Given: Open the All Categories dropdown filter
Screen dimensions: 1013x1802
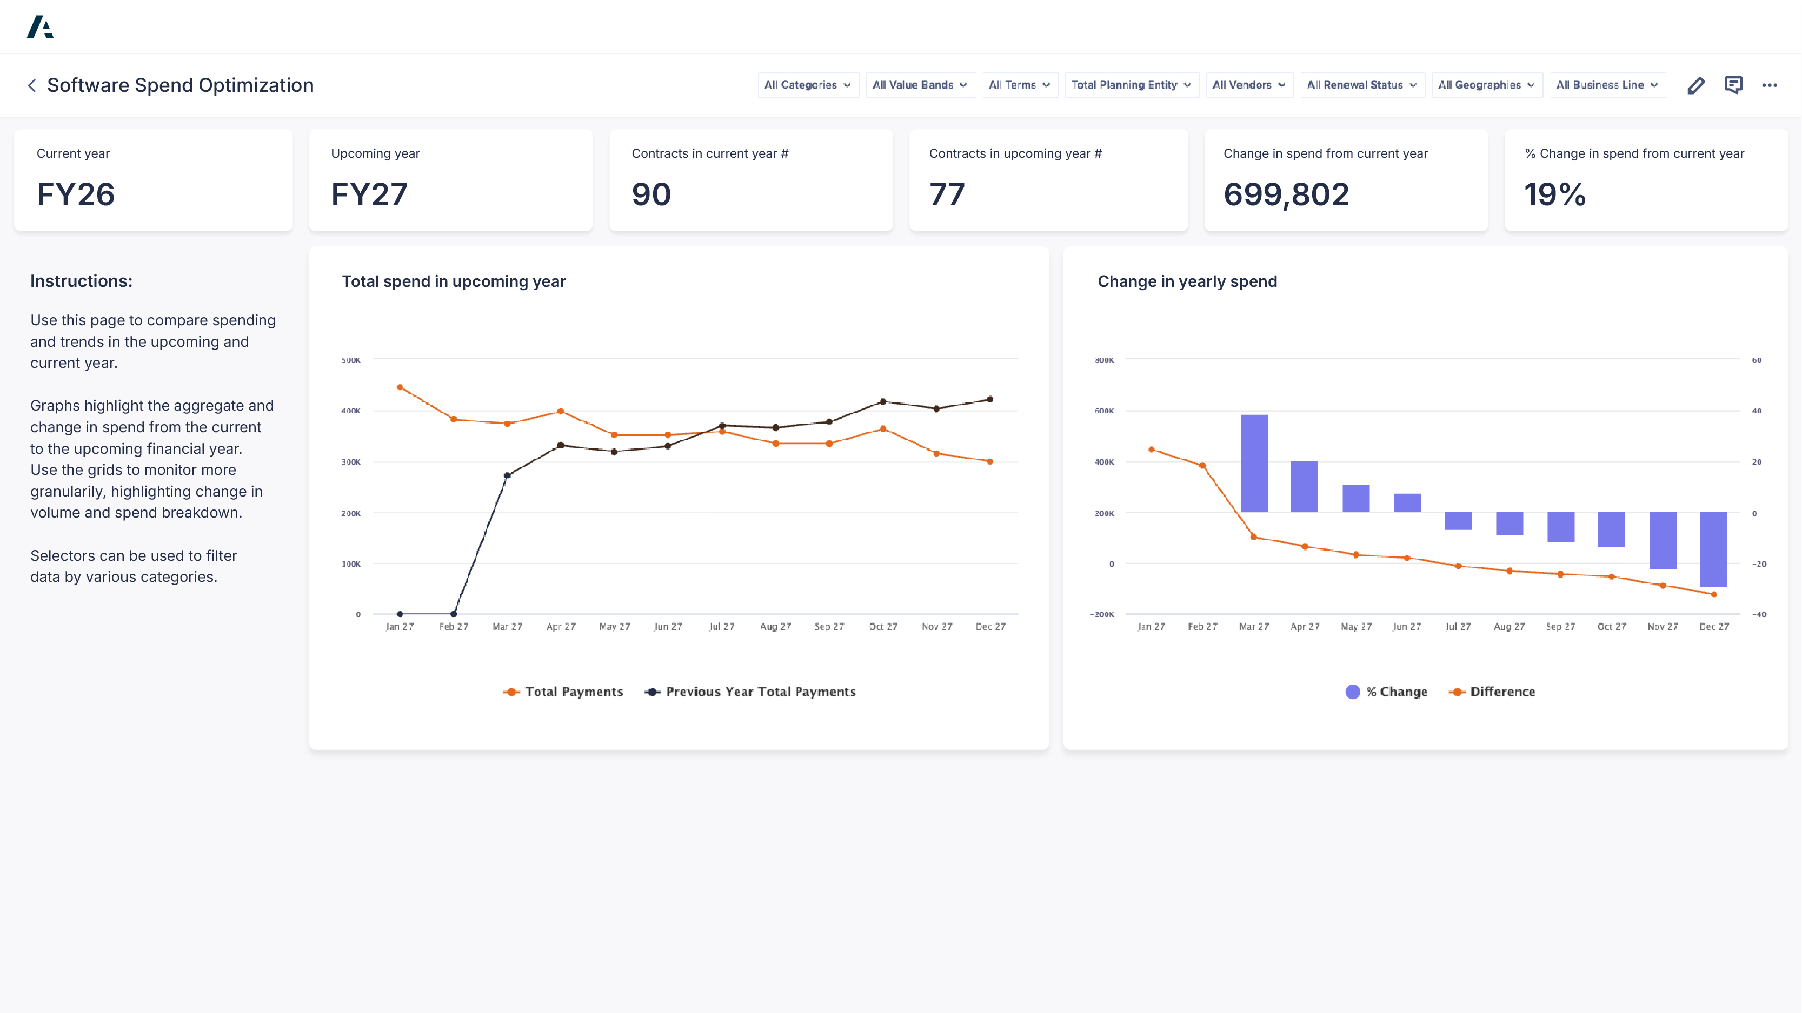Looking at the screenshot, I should click(x=807, y=85).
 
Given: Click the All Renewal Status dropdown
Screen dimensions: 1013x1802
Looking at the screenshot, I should click(x=1361, y=85).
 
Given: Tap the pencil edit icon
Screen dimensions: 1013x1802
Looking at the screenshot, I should click(x=1695, y=85).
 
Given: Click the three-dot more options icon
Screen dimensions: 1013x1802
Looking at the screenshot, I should click(x=1769, y=85).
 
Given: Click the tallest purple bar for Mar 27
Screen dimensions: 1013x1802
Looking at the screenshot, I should click(x=1254, y=463).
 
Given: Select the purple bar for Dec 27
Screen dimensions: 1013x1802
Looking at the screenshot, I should click(x=1713, y=549).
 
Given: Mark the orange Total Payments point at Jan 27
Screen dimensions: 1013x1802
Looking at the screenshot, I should click(x=400, y=387).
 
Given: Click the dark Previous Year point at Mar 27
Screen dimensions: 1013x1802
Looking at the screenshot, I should click(x=507, y=475).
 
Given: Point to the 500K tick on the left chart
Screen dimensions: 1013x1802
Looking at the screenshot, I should click(x=351, y=360).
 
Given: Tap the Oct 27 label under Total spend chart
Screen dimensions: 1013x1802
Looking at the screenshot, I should click(x=883, y=626).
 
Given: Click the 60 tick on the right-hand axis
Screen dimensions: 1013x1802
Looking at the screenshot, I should click(x=1757, y=360).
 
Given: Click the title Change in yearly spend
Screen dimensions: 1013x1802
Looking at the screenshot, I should click(x=1187, y=281).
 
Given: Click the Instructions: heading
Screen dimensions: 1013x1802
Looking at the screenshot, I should click(x=81, y=281).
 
